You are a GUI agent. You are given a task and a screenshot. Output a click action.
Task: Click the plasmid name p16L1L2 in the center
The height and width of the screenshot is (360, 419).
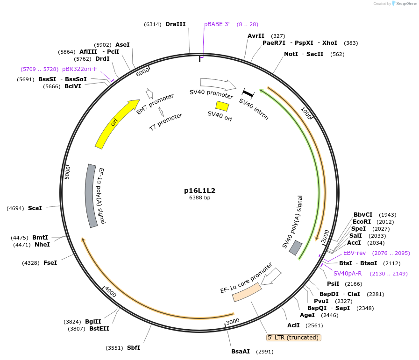click(199, 191)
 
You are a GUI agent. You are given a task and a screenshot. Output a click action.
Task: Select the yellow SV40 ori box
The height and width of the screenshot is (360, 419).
click(222, 106)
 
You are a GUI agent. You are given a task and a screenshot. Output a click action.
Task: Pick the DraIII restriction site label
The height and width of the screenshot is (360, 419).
click(175, 24)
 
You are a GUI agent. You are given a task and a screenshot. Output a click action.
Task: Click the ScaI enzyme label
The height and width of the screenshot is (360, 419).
click(35, 208)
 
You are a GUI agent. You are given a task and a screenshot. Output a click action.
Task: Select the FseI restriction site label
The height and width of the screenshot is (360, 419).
click(50, 263)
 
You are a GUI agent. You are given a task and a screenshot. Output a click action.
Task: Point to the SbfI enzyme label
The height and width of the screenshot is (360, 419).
click(134, 348)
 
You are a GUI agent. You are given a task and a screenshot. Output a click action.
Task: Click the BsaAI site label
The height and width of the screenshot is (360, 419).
click(241, 352)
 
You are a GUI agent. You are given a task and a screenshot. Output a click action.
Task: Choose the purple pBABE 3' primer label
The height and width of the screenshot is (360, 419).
click(217, 24)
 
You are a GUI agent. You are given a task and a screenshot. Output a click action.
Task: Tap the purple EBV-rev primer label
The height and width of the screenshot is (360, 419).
click(355, 253)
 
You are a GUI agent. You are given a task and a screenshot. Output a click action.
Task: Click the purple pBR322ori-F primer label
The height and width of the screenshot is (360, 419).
click(80, 69)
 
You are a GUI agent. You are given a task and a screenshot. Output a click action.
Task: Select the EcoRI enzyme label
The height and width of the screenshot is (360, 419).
click(362, 222)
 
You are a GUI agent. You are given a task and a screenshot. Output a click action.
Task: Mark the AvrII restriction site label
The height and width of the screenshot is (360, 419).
click(256, 36)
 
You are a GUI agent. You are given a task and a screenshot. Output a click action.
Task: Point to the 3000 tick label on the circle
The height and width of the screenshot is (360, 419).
click(232, 322)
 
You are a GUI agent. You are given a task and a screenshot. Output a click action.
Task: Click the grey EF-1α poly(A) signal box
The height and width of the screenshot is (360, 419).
click(92, 195)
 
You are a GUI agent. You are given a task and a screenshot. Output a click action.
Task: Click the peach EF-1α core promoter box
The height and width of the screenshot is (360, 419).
click(247, 291)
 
